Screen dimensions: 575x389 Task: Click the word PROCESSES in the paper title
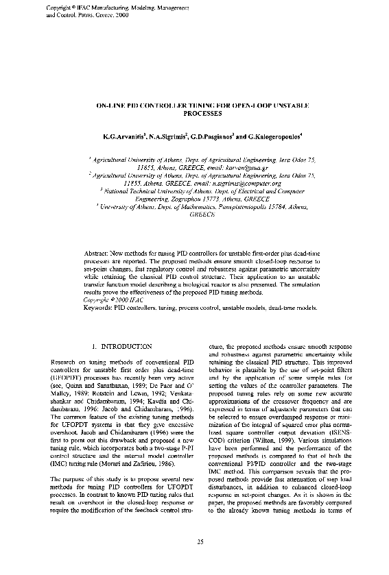pyautogui.click(x=204, y=114)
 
